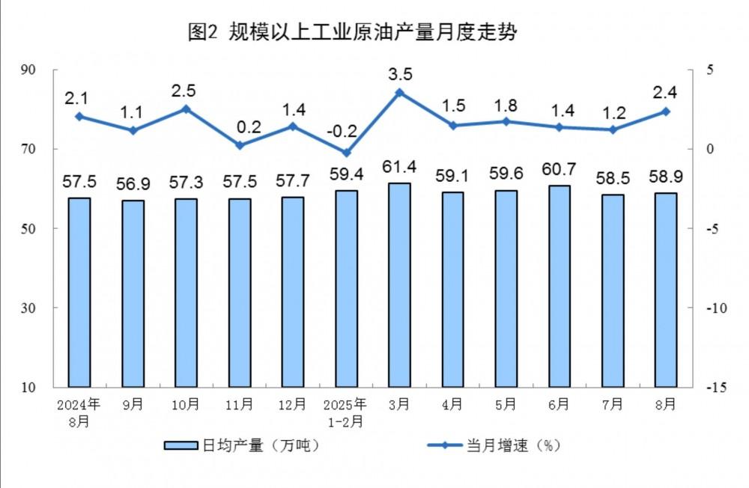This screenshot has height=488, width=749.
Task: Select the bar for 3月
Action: click(399, 284)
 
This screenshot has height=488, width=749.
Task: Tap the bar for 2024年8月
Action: click(79, 292)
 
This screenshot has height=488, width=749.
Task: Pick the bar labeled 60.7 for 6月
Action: click(560, 286)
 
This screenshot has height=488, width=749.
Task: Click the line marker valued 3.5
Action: click(399, 92)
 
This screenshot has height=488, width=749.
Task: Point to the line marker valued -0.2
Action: click(346, 153)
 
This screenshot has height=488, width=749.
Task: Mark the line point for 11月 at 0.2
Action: click(240, 145)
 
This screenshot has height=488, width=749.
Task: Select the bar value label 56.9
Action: click(133, 184)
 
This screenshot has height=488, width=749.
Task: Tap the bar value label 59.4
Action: click(346, 175)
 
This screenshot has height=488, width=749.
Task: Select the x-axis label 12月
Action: click(292, 405)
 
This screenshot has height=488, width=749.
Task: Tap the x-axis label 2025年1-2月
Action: click(346, 412)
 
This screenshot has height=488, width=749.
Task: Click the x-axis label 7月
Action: click(613, 405)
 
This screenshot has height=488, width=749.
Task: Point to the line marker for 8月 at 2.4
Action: click(666, 112)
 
